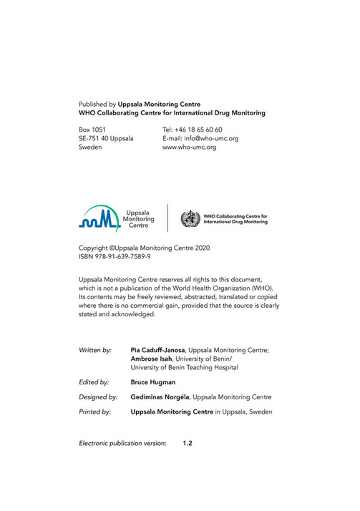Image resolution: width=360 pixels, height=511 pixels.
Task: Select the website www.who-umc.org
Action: (x=190, y=147)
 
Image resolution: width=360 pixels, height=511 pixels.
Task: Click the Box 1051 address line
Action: (x=92, y=130)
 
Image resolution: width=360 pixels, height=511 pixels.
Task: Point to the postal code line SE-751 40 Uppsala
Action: (x=106, y=138)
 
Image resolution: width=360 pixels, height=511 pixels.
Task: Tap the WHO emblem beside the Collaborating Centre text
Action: (x=190, y=219)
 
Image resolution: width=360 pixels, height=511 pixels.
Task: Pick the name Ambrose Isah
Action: (x=153, y=359)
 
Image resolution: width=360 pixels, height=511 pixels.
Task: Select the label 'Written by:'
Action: (x=95, y=350)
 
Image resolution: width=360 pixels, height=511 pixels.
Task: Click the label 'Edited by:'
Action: (x=94, y=383)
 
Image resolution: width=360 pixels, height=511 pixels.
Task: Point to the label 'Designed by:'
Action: (x=98, y=396)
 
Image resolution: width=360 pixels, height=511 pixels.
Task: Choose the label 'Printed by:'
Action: (x=94, y=412)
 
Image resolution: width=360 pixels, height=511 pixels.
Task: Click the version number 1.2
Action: (x=188, y=444)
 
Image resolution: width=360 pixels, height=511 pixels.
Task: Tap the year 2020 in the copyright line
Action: (x=202, y=247)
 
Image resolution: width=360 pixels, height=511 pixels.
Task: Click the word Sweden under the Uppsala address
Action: (x=90, y=147)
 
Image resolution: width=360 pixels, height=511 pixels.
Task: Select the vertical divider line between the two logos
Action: (x=168, y=218)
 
